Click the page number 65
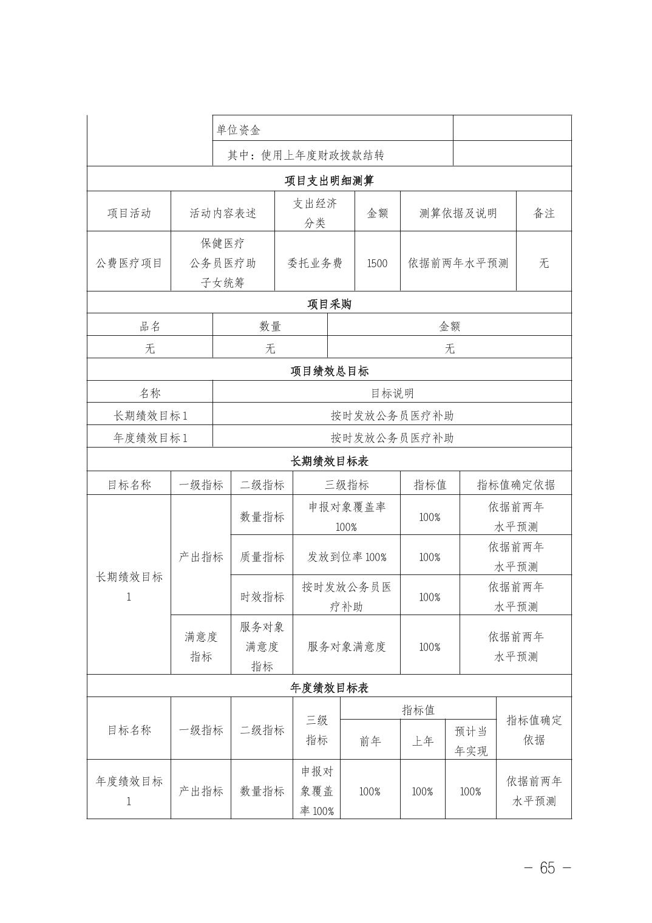[x=547, y=868]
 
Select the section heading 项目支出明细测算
[x=329, y=180]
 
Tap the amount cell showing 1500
[x=377, y=263]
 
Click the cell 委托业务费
[x=314, y=263]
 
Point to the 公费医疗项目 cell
[x=129, y=263]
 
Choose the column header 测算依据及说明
[x=458, y=213]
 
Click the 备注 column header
[x=543, y=213]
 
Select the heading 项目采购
[x=329, y=304]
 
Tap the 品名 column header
[x=150, y=327]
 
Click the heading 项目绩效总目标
[x=329, y=371]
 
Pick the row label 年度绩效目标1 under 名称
[x=150, y=438]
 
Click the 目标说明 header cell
[x=392, y=393]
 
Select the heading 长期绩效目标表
[x=329, y=461]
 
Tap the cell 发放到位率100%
[x=346, y=557]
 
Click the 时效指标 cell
[x=262, y=597]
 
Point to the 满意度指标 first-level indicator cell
[x=201, y=646]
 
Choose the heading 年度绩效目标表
[x=329, y=688]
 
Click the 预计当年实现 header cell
[x=471, y=741]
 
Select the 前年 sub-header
[x=370, y=741]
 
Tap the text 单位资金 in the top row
[x=239, y=130]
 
